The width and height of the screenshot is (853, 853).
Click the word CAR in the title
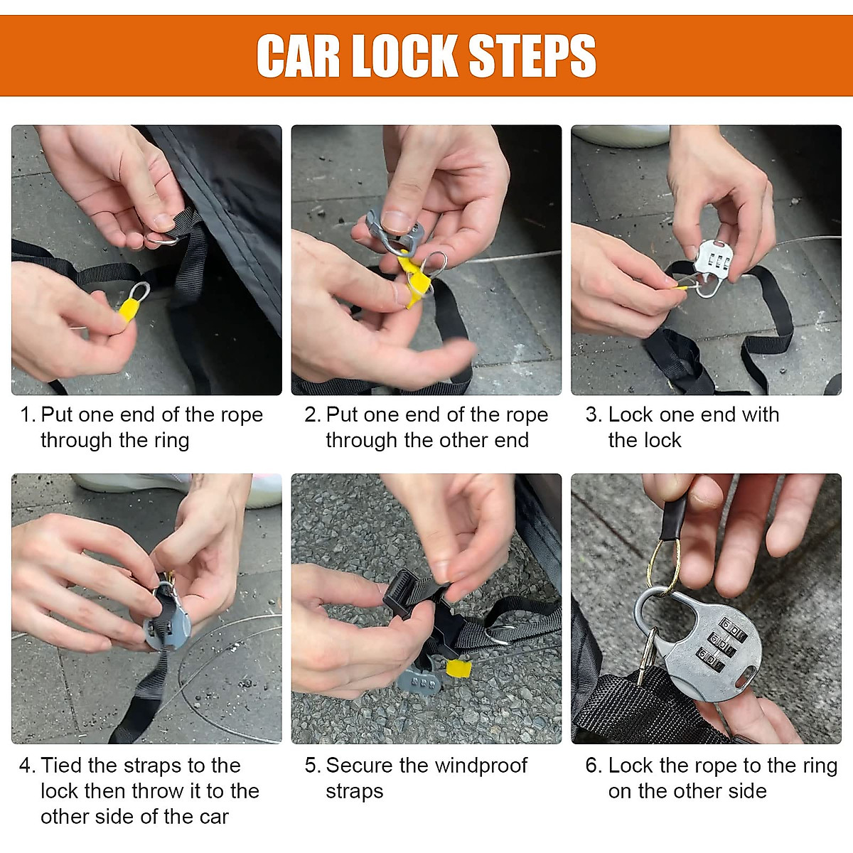coord(298,55)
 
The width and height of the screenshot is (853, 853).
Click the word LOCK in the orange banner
coord(404,55)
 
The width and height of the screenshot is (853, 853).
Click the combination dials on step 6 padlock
coord(722,645)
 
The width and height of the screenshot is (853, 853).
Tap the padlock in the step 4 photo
coord(167,622)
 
